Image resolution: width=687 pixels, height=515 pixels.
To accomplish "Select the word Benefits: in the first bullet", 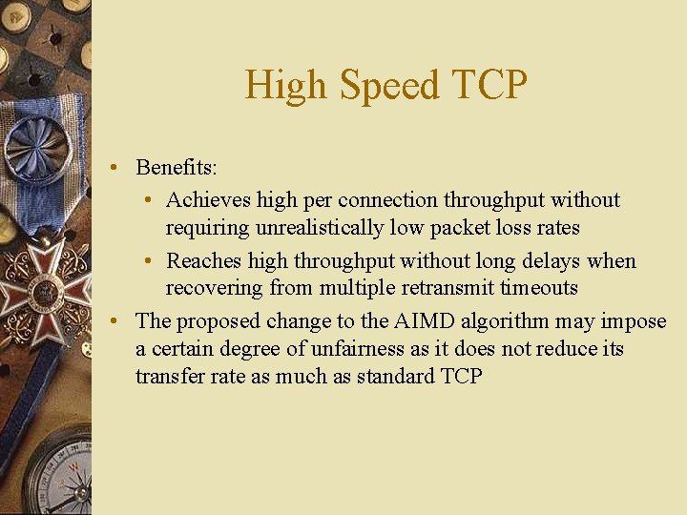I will coord(177,168).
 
